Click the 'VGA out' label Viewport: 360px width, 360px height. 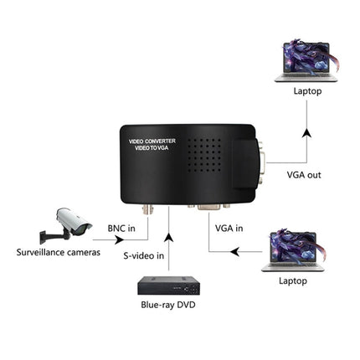[x=304, y=175]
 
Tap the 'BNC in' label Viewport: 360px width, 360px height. [x=122, y=227]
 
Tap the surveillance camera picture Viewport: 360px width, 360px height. [x=68, y=224]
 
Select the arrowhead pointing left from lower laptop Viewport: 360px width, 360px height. [x=238, y=250]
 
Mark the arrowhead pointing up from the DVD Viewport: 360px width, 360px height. [x=170, y=221]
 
